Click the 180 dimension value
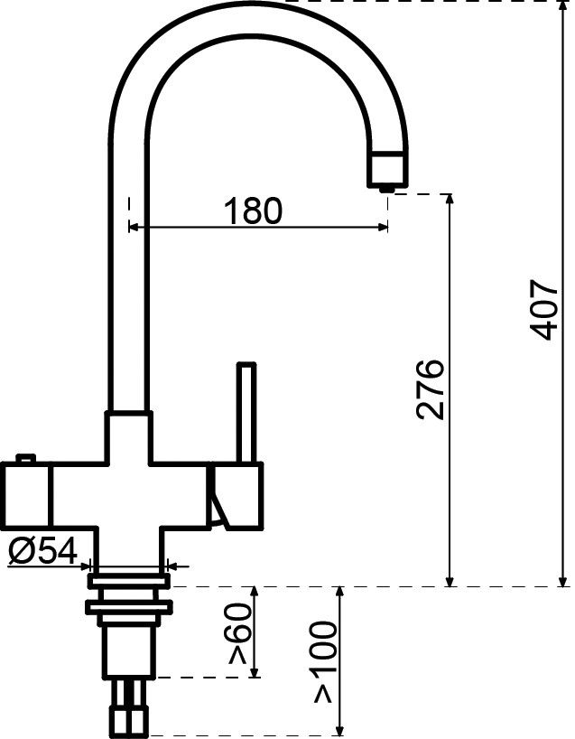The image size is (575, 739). tap(253, 210)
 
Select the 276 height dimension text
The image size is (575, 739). tap(431, 389)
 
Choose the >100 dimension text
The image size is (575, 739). tap(323, 662)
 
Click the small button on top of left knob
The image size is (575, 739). tap(26, 459)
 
